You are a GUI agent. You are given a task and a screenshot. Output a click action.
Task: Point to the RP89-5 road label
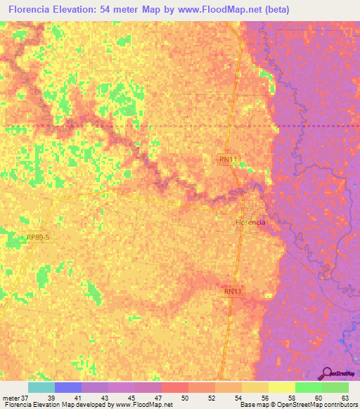click(x=37, y=238)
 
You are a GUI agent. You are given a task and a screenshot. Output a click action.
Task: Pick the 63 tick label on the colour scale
click(x=345, y=397)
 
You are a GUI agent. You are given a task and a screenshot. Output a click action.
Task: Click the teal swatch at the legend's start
click(x=41, y=387)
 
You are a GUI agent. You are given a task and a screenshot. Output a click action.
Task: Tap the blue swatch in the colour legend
click(x=68, y=387)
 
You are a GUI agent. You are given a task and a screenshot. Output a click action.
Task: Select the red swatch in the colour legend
click(x=175, y=387)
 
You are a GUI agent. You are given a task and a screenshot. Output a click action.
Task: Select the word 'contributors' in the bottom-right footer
click(x=340, y=405)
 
